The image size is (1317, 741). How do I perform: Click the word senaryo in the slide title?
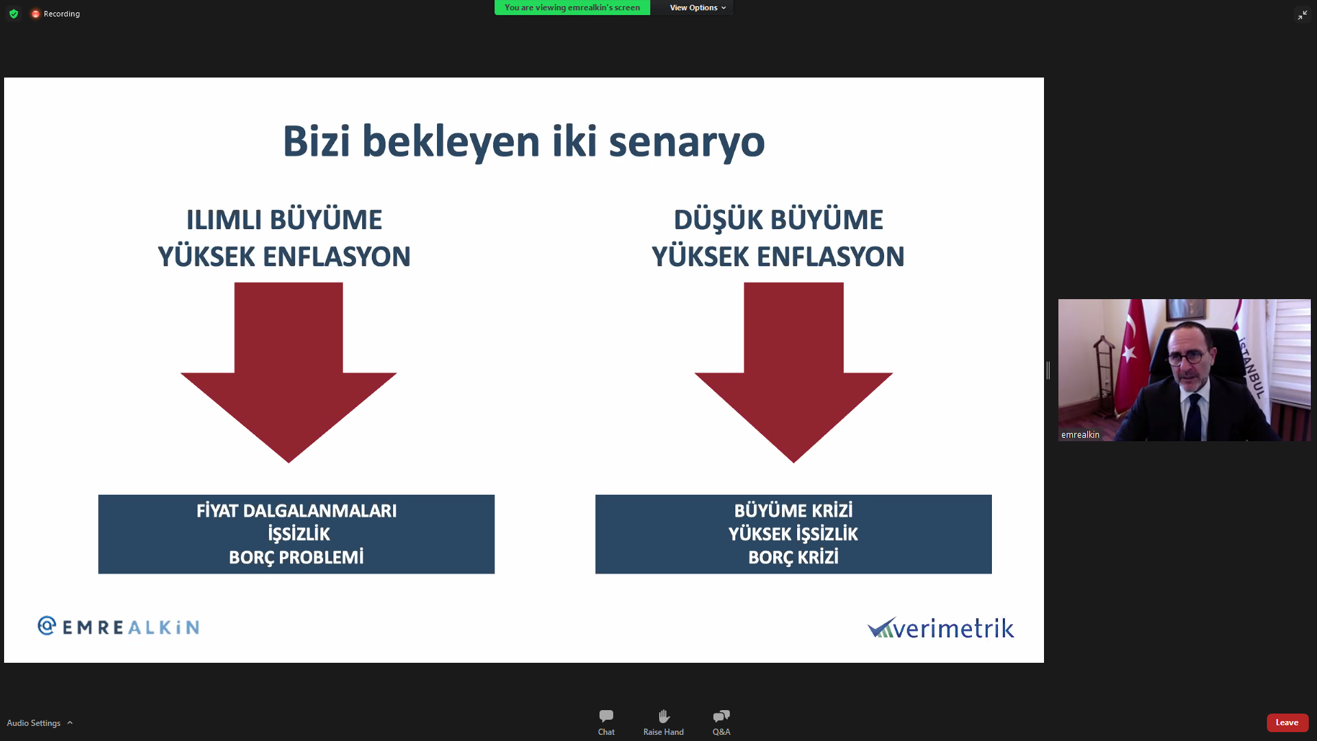point(687,142)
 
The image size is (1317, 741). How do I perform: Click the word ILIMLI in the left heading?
point(224,220)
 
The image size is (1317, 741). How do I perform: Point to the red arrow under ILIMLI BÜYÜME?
point(289,373)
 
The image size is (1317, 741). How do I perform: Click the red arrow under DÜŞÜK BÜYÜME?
point(794,373)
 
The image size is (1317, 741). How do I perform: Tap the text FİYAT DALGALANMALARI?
point(296,511)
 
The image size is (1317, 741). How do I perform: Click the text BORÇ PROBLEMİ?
point(296,557)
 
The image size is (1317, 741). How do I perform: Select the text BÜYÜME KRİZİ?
point(794,511)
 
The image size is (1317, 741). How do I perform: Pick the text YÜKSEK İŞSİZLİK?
point(794,534)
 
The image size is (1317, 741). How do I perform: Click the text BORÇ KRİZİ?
point(794,557)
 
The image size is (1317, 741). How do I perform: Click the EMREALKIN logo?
point(119,626)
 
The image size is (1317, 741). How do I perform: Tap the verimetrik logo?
point(941,628)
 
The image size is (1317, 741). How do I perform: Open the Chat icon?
point(606,716)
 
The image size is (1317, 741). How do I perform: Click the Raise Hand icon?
point(663,716)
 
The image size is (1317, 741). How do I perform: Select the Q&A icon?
point(722,716)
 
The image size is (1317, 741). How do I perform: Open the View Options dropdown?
point(698,8)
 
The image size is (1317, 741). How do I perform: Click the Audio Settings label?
point(34,723)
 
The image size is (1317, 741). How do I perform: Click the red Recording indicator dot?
point(36,14)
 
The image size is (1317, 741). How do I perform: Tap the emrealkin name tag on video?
point(1080,434)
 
